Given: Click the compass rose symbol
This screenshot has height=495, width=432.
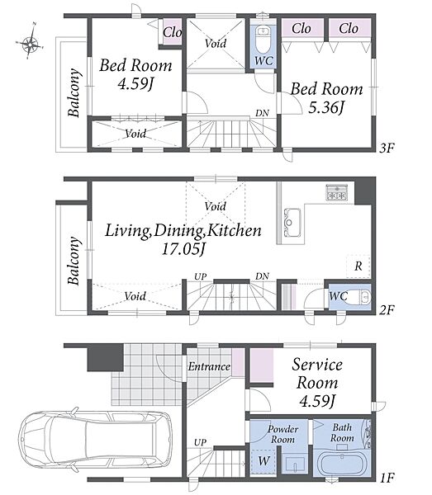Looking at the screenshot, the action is (x=30, y=44).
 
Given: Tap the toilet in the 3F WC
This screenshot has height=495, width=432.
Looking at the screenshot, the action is (x=263, y=40).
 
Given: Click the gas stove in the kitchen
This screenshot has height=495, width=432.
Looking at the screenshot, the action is (x=337, y=192).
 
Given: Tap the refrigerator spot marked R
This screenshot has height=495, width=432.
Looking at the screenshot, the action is (x=358, y=266).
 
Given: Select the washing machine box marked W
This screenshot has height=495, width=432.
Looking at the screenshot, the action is (x=263, y=460).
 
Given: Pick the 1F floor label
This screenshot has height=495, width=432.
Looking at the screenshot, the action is (x=387, y=478).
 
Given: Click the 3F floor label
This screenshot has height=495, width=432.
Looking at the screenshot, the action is (x=387, y=148).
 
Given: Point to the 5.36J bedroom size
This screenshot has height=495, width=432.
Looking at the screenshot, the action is (x=325, y=107).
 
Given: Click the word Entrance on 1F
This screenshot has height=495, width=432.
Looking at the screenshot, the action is (x=209, y=366).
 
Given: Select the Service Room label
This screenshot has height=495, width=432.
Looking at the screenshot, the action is (x=317, y=374).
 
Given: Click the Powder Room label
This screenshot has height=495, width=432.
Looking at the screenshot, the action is (x=282, y=434).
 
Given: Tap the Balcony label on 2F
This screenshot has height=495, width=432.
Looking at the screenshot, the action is (x=74, y=261).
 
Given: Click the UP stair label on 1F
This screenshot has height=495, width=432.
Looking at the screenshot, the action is (x=200, y=442).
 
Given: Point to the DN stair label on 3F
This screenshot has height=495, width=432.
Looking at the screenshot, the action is (x=263, y=113).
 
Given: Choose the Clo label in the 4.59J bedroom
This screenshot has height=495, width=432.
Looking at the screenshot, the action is (x=173, y=32).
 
